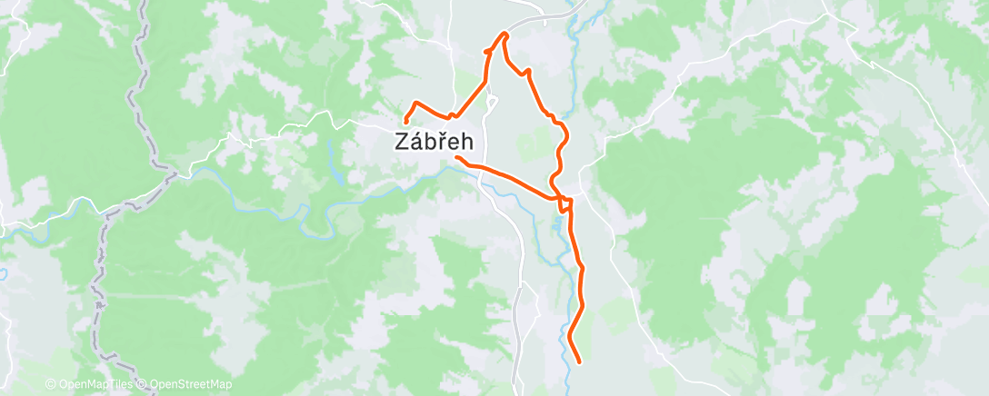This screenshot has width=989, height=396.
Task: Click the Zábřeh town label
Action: point(433,142)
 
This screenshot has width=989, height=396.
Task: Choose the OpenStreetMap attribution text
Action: point(190,385)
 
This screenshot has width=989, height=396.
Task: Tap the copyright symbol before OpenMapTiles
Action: point(50,385)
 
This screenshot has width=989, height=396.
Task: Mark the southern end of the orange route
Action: point(579,361)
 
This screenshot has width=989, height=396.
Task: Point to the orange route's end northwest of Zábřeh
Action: point(405,121)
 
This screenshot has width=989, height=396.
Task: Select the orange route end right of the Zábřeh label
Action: point(456,158)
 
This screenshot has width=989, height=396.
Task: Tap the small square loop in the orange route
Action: point(565,203)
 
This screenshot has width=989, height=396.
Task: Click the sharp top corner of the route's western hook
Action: point(415,102)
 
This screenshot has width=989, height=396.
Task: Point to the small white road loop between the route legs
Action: point(492,102)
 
